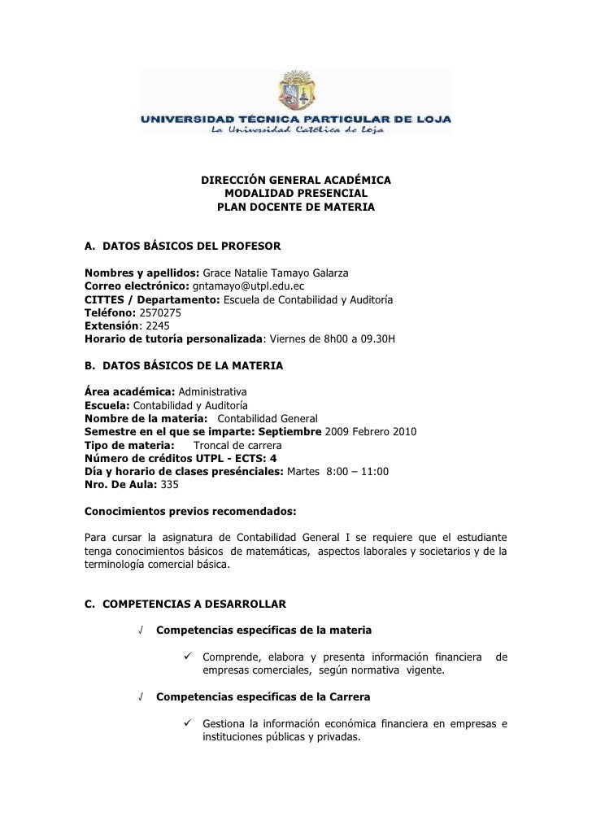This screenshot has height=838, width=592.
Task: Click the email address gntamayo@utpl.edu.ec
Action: (249, 286)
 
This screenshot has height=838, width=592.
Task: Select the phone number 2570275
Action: (160, 312)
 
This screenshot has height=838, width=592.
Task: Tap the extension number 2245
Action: (148, 325)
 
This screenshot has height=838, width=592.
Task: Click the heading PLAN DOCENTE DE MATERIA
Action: (296, 207)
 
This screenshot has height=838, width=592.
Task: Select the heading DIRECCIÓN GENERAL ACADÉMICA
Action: (296, 180)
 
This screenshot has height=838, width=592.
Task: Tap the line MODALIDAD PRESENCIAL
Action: (296, 194)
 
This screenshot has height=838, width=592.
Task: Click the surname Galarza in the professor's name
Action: (328, 273)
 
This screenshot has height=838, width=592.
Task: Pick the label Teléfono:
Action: (111, 312)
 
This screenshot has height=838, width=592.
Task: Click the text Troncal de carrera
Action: (237, 445)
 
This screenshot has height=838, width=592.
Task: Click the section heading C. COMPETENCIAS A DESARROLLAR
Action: (185, 604)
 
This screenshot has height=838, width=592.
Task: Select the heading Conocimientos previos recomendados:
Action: (191, 512)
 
